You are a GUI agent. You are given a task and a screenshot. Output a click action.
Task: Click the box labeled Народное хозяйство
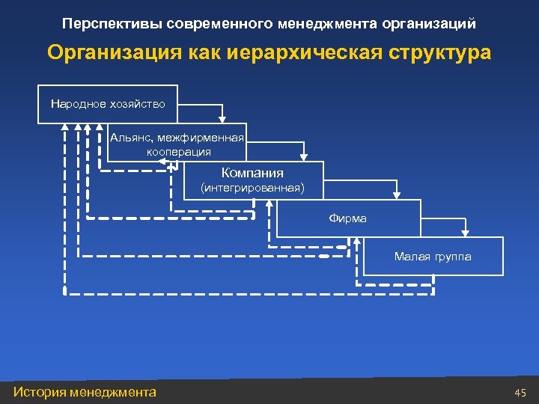pos(108,103)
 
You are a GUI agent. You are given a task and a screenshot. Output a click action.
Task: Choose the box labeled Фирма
pos(347,218)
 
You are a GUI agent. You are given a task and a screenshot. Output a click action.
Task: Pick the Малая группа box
pos(433,257)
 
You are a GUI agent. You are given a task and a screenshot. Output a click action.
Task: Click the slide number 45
pos(521,392)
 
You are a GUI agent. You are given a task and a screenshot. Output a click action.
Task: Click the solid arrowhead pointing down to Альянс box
pos(222,117)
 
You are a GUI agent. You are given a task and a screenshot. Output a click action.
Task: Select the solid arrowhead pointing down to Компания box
pos(303,156)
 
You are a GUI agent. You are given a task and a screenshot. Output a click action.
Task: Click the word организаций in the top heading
pos(429,23)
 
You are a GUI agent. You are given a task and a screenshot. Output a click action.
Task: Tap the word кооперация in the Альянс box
pos(178,151)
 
